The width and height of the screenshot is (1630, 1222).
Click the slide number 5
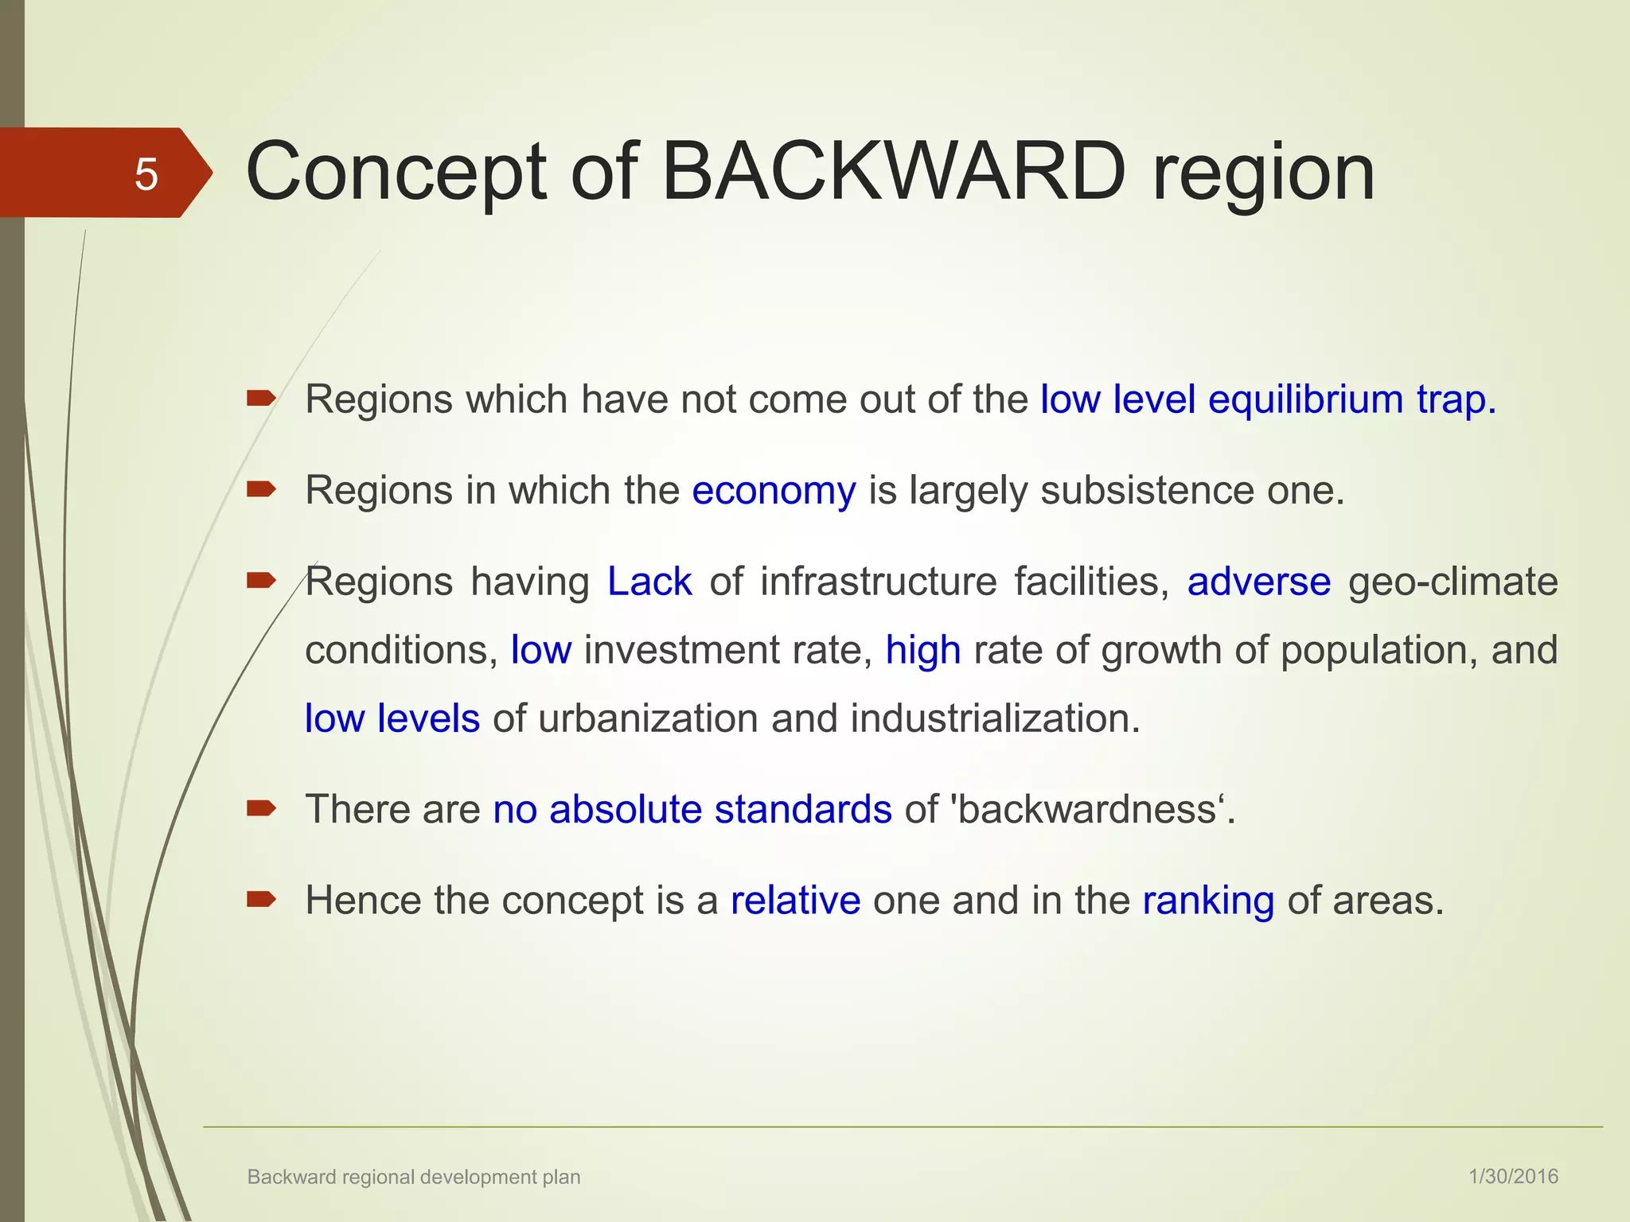pos(146,174)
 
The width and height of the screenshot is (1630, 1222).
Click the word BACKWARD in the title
pos(894,172)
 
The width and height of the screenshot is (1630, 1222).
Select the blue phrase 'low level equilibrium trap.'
pos(1268,399)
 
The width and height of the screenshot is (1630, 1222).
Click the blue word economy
pos(774,491)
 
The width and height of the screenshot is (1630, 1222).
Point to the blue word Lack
pos(649,582)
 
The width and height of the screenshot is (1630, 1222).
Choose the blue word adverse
pos(1258,582)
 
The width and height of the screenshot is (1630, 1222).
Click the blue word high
pos(923,650)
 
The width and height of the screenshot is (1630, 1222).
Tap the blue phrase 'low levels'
pos(392,718)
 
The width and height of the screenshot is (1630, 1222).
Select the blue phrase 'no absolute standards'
pos(692,810)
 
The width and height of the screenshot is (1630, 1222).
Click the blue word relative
pos(795,901)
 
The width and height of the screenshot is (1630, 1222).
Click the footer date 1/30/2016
pos(1513,1177)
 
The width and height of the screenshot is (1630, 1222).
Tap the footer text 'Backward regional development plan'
pos(414,1177)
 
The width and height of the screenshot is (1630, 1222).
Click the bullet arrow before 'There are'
pos(261,809)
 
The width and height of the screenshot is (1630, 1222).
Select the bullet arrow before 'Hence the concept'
pos(261,900)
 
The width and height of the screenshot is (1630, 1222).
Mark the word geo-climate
pos(1453,582)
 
